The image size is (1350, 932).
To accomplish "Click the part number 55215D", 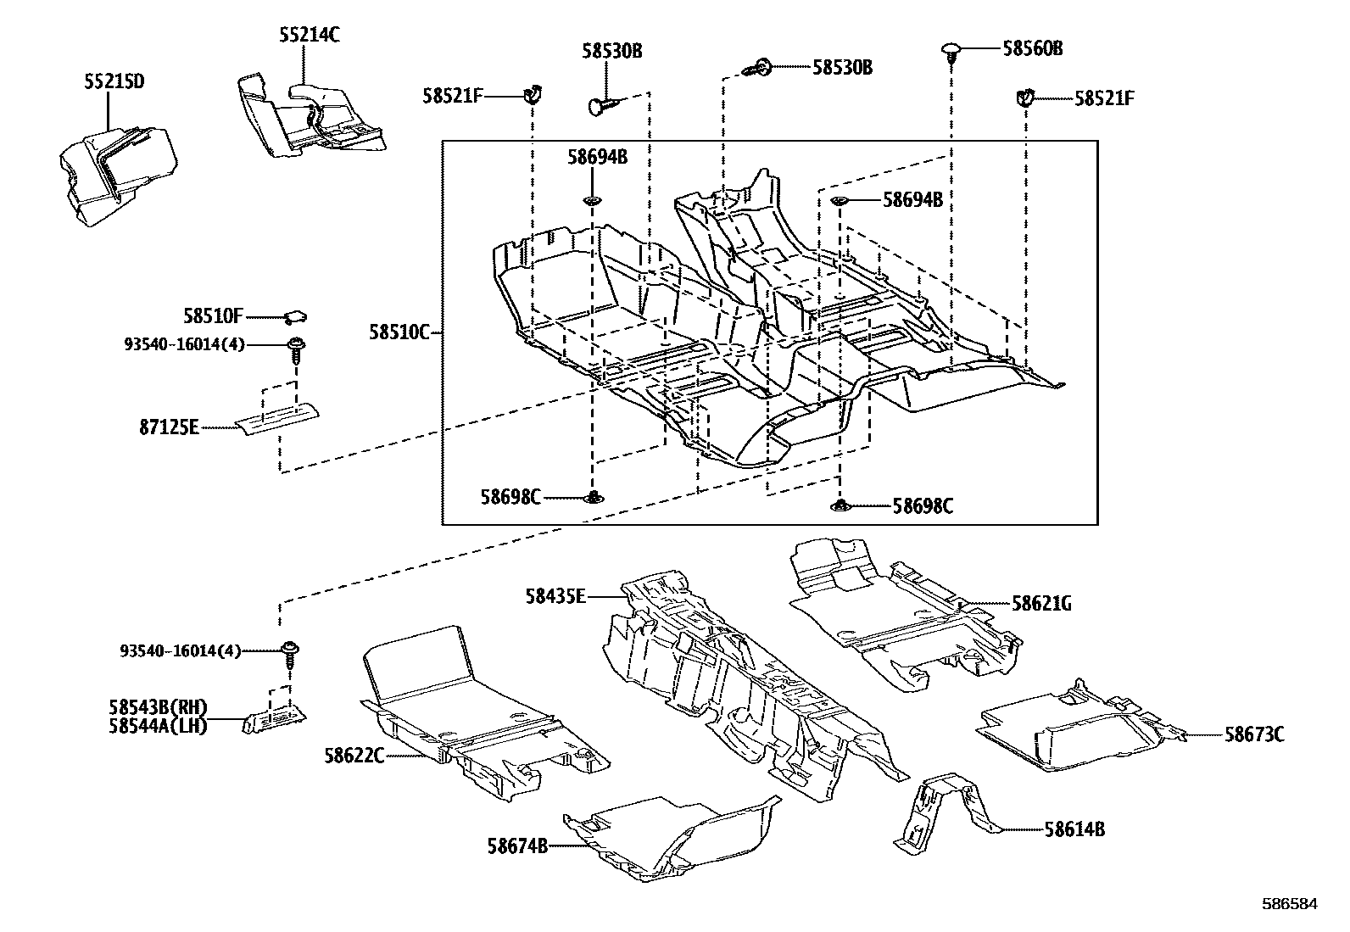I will click(114, 82).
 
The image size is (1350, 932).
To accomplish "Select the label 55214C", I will click(310, 36).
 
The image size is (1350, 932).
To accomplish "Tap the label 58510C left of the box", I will click(399, 332).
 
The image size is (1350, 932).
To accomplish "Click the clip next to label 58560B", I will click(952, 51).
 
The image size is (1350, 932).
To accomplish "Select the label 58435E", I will click(555, 596).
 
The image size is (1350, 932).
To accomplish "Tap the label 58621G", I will click(1041, 603).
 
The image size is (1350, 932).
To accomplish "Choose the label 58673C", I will click(1253, 734).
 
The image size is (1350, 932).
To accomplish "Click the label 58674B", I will click(517, 845).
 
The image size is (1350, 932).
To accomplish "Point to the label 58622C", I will click(354, 754).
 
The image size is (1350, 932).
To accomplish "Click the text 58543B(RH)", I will click(158, 707).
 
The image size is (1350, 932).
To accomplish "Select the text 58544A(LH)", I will click(158, 726).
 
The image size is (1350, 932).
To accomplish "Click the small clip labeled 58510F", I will click(295, 317).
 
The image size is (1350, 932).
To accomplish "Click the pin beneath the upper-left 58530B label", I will click(603, 105).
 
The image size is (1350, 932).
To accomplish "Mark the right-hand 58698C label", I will click(923, 506).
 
